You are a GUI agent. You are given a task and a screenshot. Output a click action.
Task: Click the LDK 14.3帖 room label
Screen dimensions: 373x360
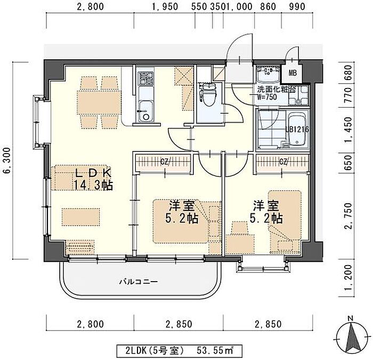(x=93, y=179)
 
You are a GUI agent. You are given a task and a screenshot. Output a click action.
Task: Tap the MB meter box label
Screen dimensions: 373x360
(x=293, y=73)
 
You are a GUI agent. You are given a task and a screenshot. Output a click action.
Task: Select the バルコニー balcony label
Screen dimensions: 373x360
(x=139, y=282)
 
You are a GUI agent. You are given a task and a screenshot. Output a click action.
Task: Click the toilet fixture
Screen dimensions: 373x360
(x=207, y=94)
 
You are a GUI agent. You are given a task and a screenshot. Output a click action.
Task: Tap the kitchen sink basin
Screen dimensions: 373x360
(x=145, y=111)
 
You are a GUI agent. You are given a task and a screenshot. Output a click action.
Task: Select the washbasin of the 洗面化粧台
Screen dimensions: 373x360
(x=269, y=73)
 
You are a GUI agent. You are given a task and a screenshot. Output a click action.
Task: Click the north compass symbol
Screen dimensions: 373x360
(x=353, y=338)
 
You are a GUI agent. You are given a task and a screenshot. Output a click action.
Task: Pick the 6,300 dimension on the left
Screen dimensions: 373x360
(x=7, y=161)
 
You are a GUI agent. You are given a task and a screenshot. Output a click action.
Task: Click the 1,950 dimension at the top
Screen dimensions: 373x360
(x=165, y=6)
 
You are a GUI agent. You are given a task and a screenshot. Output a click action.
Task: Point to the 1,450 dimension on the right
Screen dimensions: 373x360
(x=348, y=130)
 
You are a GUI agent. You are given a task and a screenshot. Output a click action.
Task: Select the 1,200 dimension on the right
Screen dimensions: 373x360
(x=348, y=277)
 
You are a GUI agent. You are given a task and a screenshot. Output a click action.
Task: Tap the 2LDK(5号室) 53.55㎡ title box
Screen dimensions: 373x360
(x=179, y=350)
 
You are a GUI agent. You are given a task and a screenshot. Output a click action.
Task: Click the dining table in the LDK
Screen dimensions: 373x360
(x=99, y=102)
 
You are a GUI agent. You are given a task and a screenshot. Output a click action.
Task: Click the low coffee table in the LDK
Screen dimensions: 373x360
(x=81, y=217)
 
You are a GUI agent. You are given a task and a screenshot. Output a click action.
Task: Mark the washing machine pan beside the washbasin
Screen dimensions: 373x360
(x=298, y=95)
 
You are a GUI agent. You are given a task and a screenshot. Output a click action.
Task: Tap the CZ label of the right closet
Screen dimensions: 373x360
(x=284, y=162)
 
